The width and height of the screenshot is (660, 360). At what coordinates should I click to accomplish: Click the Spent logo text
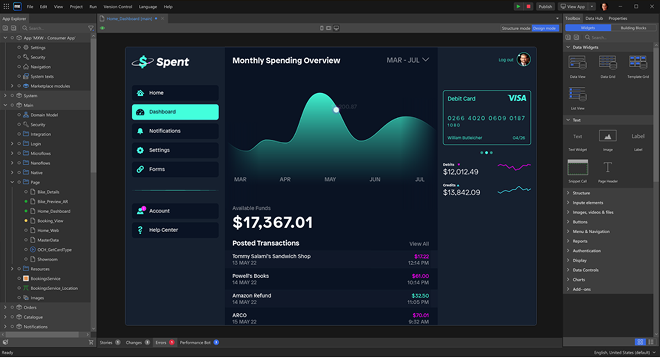[x=172, y=62]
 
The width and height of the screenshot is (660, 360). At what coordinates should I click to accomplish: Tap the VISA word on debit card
[x=517, y=98]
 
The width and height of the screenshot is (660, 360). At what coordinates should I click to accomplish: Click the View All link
[x=419, y=244]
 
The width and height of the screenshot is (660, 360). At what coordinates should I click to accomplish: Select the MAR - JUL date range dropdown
[x=407, y=60]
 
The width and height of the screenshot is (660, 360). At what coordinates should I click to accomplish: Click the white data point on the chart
[x=336, y=109]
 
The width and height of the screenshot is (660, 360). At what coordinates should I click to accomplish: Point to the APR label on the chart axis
[x=285, y=179]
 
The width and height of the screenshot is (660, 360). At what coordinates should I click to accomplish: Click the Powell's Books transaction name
[x=250, y=275]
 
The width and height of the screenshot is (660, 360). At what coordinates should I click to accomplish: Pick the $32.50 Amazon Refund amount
[x=420, y=295]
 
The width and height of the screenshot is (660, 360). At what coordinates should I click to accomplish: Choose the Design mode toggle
[x=545, y=29]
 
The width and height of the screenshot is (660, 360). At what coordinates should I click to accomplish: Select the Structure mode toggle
[x=516, y=29]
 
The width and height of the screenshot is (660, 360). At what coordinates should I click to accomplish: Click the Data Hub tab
[x=594, y=18]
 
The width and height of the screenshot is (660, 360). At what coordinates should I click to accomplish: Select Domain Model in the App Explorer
[x=45, y=115]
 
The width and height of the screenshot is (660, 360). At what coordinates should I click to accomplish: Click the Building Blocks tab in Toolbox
[x=633, y=28]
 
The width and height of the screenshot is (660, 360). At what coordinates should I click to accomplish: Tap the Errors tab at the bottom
[x=160, y=342]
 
